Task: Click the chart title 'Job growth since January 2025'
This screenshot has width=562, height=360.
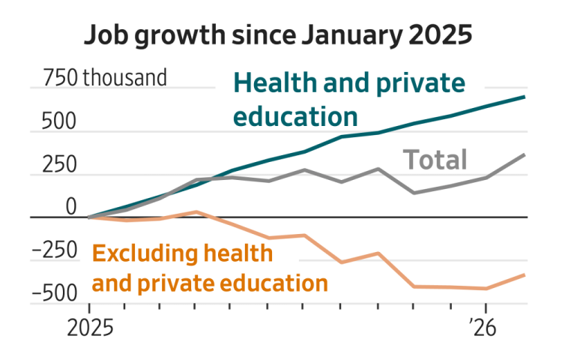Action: (x=278, y=35)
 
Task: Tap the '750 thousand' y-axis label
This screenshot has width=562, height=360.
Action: (x=105, y=77)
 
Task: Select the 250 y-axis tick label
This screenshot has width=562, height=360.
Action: (x=61, y=164)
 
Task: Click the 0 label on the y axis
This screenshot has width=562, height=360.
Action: (x=71, y=207)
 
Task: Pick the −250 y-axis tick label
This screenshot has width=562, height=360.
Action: (x=56, y=250)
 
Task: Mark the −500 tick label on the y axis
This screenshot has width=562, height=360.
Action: (x=56, y=293)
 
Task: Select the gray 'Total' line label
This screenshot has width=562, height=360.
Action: (x=435, y=160)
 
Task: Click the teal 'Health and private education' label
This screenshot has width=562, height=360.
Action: (x=349, y=100)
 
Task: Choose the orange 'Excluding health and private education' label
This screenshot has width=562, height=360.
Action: (x=210, y=268)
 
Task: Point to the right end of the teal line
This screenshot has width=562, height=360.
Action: (x=525, y=97)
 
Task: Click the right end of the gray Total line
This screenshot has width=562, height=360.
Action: (x=525, y=154)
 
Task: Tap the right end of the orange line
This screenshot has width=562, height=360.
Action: (x=525, y=274)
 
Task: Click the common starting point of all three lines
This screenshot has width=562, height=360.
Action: (x=89, y=217)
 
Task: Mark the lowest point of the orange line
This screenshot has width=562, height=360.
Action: (x=486, y=289)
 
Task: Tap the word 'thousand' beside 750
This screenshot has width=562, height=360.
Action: (x=124, y=77)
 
